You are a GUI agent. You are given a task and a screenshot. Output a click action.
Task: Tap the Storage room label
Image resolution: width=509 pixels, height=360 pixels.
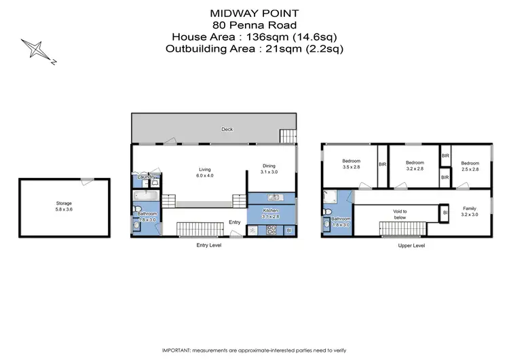click(64, 203)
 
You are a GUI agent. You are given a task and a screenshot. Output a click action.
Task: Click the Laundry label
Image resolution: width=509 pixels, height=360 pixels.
click(144, 178)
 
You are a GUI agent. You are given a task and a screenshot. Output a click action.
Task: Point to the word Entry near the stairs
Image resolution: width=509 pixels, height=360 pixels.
click(234, 222)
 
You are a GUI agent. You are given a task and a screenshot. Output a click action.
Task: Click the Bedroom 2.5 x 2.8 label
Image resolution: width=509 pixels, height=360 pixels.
click(470, 166)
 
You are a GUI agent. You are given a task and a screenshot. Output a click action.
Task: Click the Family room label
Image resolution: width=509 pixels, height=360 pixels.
click(470, 211)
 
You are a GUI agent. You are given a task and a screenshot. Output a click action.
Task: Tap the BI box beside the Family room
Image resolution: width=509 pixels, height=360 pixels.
click(445, 213)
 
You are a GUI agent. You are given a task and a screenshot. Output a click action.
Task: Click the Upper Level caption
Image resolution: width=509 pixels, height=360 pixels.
click(411, 245)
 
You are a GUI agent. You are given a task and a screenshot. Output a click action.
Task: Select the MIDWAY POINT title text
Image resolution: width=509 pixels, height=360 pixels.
click(254, 12)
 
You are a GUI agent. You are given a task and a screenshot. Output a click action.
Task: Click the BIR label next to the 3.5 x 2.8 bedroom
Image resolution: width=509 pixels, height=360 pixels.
click(382, 164)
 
